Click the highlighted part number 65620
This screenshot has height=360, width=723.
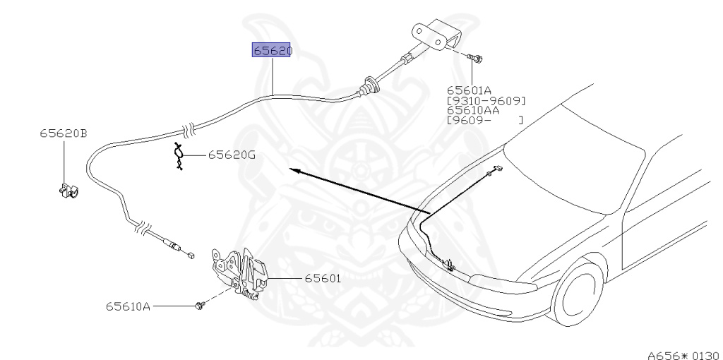click(272, 51)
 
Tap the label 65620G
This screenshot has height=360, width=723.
click(232, 155)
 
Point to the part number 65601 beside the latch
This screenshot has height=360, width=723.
click(323, 278)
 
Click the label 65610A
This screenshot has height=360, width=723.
click(129, 306)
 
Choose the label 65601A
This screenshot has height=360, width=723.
click(470, 90)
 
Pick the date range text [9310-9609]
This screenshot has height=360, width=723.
click(486, 100)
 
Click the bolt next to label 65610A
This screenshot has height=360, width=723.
click(200, 306)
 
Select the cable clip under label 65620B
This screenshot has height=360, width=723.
click(67, 191)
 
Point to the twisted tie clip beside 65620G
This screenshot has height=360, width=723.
click(180, 156)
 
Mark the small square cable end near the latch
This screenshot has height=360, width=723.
click(191, 256)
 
